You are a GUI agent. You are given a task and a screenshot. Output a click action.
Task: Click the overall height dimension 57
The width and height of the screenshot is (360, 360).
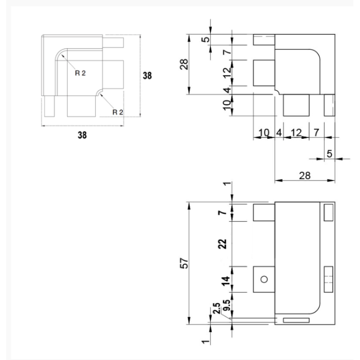184,263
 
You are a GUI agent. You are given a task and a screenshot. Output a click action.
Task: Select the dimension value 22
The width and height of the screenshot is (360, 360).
222,244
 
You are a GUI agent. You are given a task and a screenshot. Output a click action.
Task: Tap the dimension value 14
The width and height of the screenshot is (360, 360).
225,281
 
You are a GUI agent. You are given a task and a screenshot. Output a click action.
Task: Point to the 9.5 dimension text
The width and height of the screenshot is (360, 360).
227,305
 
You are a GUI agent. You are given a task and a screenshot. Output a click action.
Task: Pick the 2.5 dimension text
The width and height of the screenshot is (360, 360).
217,309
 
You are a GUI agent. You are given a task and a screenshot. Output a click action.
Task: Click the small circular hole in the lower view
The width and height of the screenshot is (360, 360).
264,279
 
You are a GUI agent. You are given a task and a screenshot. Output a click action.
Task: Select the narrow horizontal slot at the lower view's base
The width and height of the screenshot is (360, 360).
296,320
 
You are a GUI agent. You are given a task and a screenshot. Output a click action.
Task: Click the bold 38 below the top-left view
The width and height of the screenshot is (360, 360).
82,135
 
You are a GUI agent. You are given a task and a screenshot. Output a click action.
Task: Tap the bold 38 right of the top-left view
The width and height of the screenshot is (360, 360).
147,76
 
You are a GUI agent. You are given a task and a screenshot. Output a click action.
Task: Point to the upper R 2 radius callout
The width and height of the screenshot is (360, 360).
80,73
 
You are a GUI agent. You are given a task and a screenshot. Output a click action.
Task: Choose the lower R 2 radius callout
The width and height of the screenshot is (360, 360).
118,112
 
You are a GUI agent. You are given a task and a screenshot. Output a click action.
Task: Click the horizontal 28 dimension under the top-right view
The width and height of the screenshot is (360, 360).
305,176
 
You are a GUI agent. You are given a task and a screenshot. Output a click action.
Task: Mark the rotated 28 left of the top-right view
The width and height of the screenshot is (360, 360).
184,64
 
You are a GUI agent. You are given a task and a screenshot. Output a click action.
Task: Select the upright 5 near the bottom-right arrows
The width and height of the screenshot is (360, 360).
330,154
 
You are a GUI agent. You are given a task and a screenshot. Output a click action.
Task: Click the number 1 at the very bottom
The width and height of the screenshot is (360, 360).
206,341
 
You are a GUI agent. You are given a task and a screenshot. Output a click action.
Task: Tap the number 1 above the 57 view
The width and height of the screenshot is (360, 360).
227,184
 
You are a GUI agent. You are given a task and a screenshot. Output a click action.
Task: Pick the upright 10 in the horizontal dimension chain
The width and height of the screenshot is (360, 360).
263,133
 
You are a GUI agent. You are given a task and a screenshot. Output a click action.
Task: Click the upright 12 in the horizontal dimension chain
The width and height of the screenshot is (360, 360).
296,133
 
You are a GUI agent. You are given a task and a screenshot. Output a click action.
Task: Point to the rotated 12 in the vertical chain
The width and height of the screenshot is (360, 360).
227,73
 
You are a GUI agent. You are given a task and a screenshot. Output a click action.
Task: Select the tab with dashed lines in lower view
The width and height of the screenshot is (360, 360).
329,279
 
